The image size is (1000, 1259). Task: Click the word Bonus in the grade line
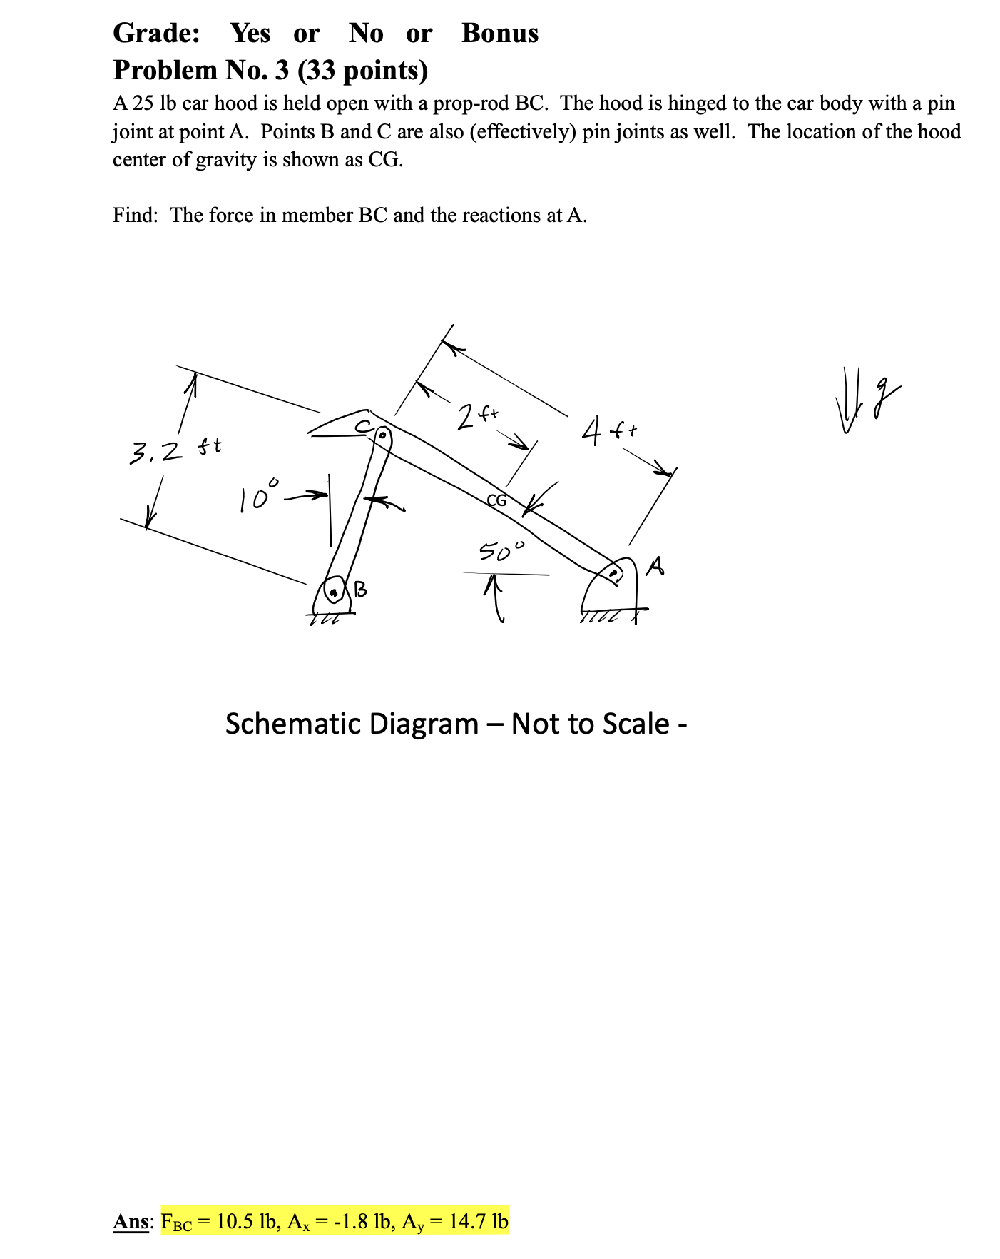pyautogui.click(x=500, y=33)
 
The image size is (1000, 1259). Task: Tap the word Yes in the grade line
pyautogui.click(x=250, y=33)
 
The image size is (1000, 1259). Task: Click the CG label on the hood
pyautogui.click(x=496, y=500)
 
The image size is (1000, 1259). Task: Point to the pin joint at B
pyautogui.click(x=333, y=591)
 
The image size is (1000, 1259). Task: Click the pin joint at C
pyautogui.click(x=382, y=434)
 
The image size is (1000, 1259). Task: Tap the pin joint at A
pyautogui.click(x=613, y=572)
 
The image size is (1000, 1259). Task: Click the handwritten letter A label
pyautogui.click(x=655, y=567)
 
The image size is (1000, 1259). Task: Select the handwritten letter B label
pyautogui.click(x=361, y=589)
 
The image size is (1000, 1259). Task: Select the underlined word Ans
pyautogui.click(x=131, y=1221)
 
